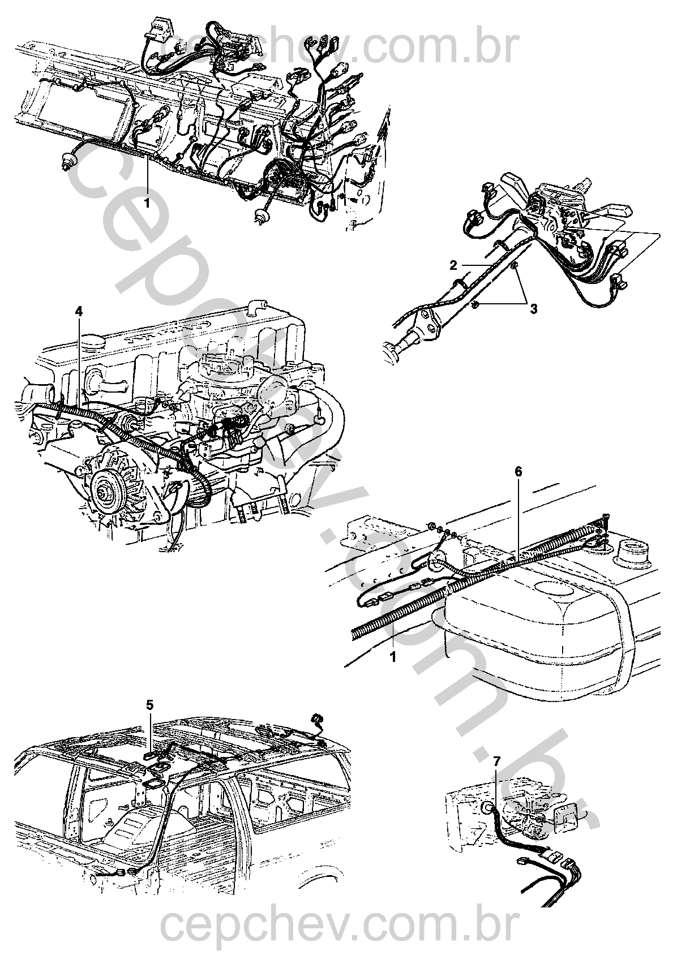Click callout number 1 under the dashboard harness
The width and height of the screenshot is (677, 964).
pyautogui.click(x=147, y=203)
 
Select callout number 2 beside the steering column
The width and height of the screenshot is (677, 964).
pyautogui.click(x=453, y=265)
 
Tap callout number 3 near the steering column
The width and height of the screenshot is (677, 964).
pyautogui.click(x=534, y=308)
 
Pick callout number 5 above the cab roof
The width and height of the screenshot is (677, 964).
pyautogui.click(x=149, y=704)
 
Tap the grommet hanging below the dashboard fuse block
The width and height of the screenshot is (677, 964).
pyautogui.click(x=260, y=215)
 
